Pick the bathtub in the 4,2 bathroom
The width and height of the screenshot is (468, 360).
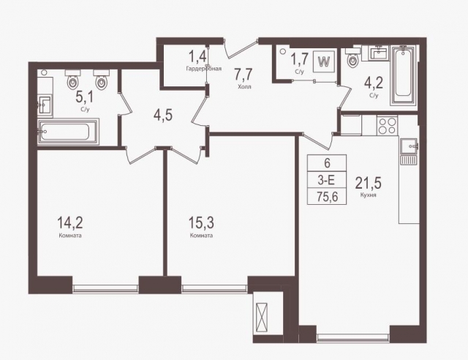pos(404,76)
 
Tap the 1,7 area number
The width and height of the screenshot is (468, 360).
pos(299,58)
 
